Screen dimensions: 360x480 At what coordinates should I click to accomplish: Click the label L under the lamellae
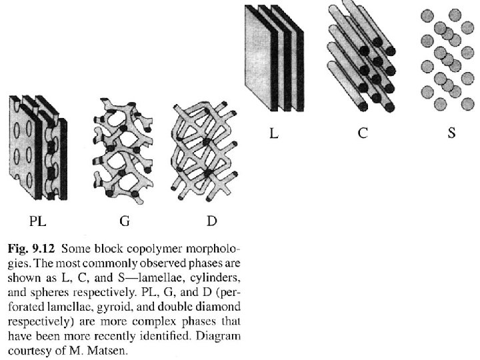(273, 133)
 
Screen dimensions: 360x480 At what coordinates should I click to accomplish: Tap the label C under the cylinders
(362, 133)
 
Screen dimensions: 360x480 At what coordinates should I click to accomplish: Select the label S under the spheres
(451, 133)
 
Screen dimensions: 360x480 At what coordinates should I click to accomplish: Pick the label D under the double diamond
(212, 220)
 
